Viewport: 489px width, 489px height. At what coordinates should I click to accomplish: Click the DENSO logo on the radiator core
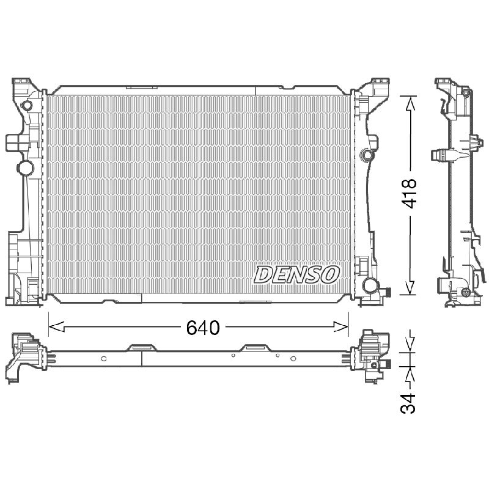(x=296, y=274)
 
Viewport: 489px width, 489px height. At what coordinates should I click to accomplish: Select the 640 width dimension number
(x=203, y=328)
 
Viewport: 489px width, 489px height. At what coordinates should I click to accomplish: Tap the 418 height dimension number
(x=408, y=193)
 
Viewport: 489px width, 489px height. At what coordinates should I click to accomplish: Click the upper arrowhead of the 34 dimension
(x=410, y=345)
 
